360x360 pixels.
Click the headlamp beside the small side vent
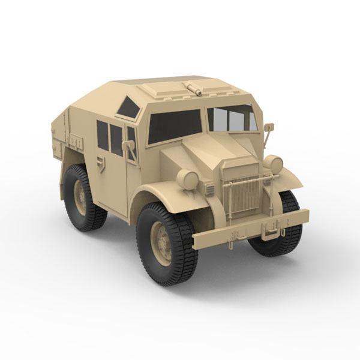pyautogui.click(x=187, y=179)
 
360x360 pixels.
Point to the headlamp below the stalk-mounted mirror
pyautogui.click(x=274, y=164)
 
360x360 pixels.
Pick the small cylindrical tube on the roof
pyautogui.click(x=193, y=89)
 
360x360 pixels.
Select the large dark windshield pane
pyautogui.click(x=175, y=126)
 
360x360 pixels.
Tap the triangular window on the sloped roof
pyautogui.click(x=129, y=108)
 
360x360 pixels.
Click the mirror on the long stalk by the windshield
pyautogui.click(x=269, y=127)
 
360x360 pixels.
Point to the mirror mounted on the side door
pyautogui.click(x=128, y=146)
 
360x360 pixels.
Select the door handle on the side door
pyautogui.click(x=101, y=163)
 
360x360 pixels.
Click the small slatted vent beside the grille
pyautogui.click(x=209, y=189)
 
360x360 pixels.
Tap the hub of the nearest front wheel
pyautogui.click(x=161, y=243)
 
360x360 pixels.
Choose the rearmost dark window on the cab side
pyautogui.click(x=103, y=136)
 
